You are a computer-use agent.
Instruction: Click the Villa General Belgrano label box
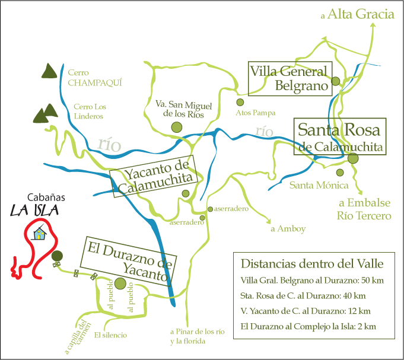(x=289, y=79)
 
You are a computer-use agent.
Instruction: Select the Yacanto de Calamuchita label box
(x=153, y=176)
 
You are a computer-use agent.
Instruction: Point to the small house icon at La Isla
(x=40, y=234)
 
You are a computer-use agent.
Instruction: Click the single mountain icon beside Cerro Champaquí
(x=49, y=71)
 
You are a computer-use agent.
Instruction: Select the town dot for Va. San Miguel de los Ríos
(x=176, y=127)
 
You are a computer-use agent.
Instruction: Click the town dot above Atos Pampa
(x=240, y=102)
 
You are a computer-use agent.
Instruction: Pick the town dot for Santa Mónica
(x=340, y=173)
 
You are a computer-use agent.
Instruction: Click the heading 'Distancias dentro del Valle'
(x=312, y=263)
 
